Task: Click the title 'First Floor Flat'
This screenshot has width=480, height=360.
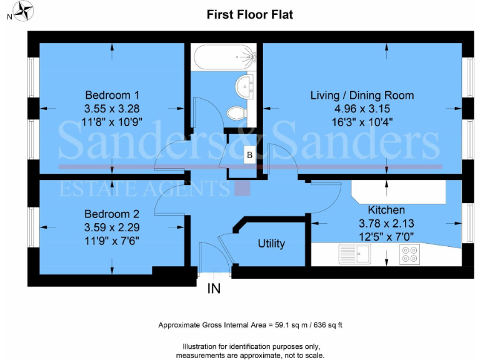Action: pos(249,14)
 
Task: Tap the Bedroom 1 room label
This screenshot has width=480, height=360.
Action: pos(112,96)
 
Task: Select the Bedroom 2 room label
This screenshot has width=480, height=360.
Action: pos(112,212)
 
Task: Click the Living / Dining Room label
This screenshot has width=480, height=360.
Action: pos(362,96)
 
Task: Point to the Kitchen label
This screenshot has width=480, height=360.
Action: pos(386,210)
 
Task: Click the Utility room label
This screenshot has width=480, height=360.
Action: pos(271,244)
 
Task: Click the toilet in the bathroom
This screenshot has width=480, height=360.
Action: pos(237,112)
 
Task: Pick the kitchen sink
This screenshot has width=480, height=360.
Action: pos(354,254)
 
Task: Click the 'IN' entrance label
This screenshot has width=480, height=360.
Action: pos(213,289)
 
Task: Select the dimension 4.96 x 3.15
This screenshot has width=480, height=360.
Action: pos(362,107)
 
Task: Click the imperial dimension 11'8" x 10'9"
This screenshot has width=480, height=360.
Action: pos(112,119)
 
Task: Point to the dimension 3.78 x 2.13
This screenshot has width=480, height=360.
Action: pos(386,222)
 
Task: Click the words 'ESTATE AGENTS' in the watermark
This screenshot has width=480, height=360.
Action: pos(144,189)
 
